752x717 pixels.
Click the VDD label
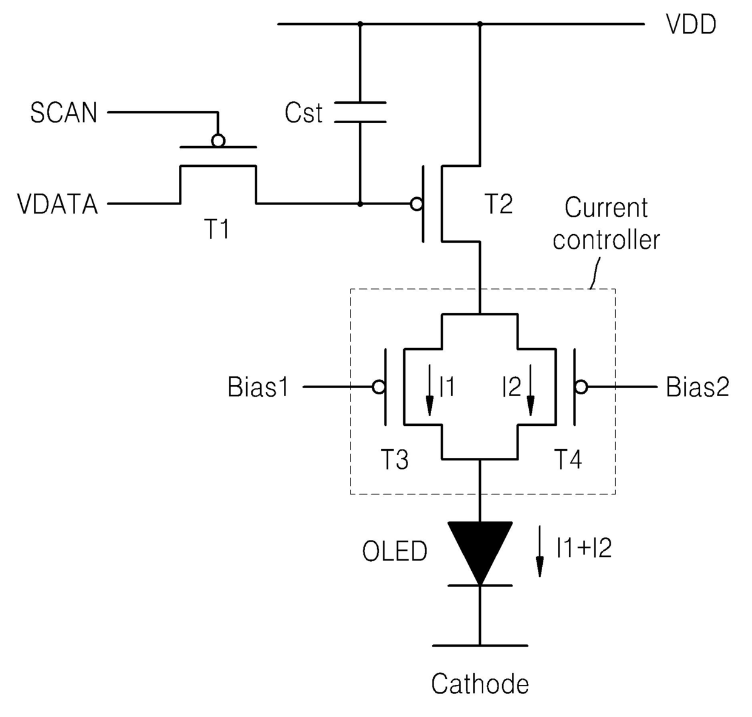691,25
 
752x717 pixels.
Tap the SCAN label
64,113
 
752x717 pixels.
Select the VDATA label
58,204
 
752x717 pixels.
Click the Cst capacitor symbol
360,112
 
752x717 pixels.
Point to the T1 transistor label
218,229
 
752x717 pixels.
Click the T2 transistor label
499,204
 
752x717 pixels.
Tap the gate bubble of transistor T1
218,141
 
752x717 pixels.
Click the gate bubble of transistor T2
417,204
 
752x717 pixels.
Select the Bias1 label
258,387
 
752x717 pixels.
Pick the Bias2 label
697,387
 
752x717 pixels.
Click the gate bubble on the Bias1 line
378,387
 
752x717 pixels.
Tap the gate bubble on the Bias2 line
581,387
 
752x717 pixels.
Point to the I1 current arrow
429,390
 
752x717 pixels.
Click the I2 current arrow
531,390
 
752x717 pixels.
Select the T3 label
394,459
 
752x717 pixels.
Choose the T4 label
568,459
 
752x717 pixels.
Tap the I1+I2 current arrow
540,551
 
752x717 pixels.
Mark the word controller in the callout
606,240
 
